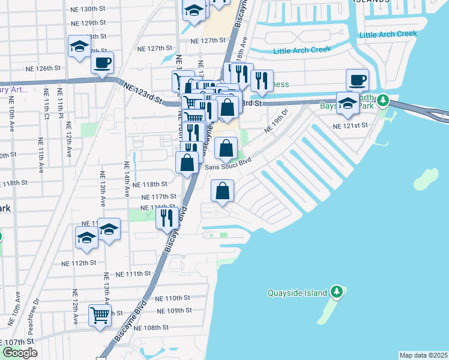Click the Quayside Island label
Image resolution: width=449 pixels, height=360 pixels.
coord(298,293)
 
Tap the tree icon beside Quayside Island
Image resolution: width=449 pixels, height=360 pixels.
coord(337,292)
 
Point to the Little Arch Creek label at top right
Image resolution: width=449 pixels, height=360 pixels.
coord(387,35)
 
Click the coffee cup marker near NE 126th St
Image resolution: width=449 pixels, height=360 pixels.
coord(103,62)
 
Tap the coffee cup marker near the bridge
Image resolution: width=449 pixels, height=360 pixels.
coord(357,80)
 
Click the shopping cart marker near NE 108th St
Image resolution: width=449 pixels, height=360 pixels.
coord(100,314)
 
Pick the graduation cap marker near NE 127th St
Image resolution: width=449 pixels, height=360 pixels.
coord(79,47)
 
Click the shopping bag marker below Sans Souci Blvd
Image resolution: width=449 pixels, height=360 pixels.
coord(222,191)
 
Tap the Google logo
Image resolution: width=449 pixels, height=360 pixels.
coord(20,353)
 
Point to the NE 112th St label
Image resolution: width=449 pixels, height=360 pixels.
coord(79,263)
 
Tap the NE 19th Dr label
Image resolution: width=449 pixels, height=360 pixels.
coord(277,121)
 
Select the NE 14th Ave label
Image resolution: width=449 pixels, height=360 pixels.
coord(127,179)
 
